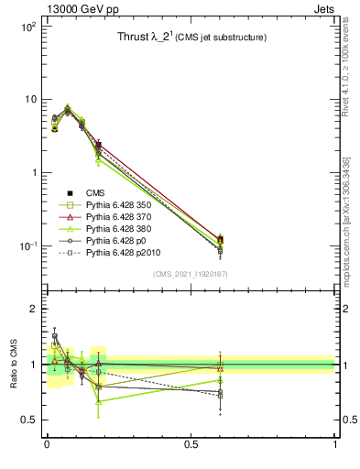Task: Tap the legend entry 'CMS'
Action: coord(94,192)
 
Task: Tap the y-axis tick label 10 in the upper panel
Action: coord(28,100)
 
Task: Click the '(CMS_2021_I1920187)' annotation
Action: coord(190,274)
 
